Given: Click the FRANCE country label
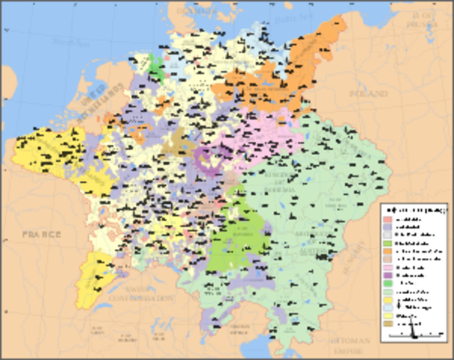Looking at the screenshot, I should pyautogui.click(x=35, y=235).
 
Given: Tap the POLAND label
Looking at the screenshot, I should pyautogui.click(x=368, y=94).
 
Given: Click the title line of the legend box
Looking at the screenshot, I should pyautogui.click(x=415, y=209).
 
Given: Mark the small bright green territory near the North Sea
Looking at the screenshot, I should pyautogui.click(x=157, y=67).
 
